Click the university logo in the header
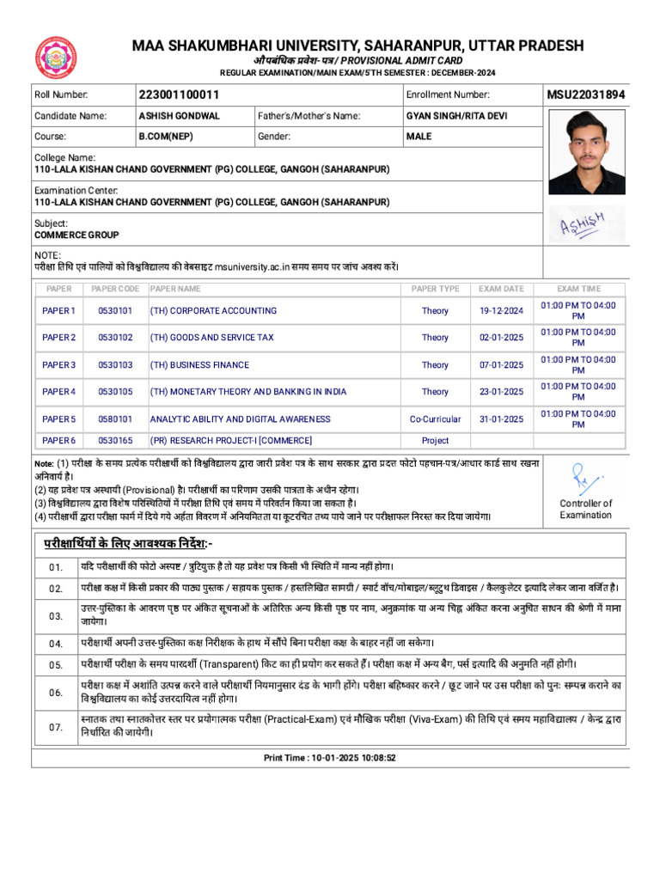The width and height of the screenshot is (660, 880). (x=56, y=58)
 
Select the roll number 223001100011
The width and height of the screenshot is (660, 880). (x=179, y=95)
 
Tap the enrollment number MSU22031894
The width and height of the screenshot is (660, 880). (x=586, y=95)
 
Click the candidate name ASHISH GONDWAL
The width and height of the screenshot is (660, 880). (x=180, y=116)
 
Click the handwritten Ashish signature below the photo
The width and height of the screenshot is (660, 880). (x=582, y=226)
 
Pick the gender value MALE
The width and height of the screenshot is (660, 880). (x=419, y=137)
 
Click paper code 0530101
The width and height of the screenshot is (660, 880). (x=115, y=311)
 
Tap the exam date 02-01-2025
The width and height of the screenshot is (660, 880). (x=501, y=338)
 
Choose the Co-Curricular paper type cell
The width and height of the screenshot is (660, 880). (x=435, y=419)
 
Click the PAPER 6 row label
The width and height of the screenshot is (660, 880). (x=59, y=441)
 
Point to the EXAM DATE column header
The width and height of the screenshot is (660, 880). (x=501, y=290)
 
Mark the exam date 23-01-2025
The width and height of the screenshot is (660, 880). (x=501, y=392)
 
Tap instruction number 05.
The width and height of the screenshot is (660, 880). (x=56, y=665)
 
